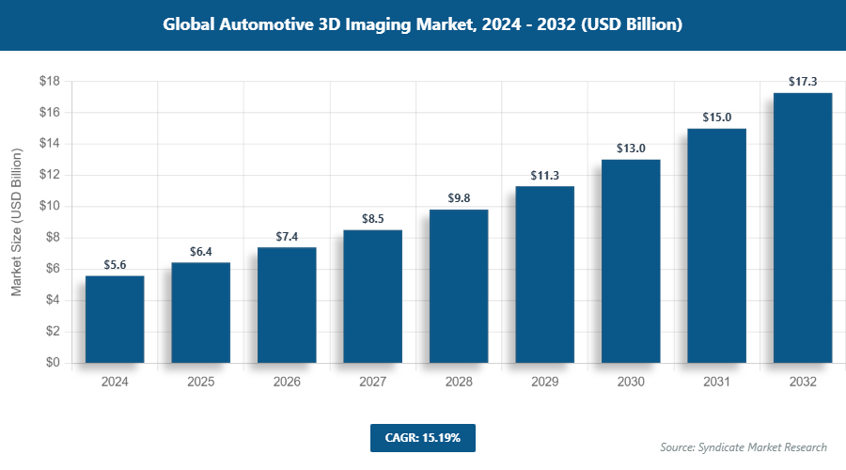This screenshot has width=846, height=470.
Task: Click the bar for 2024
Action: point(115,320)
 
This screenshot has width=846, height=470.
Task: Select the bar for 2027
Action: point(372,296)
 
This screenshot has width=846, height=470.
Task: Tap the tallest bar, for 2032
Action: point(802,227)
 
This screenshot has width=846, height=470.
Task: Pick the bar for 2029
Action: point(544,274)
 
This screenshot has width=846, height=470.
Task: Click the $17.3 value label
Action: point(802,82)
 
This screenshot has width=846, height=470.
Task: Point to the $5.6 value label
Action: point(115,265)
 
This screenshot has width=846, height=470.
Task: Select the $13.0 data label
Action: point(631,149)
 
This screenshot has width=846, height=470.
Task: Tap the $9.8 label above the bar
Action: point(459,198)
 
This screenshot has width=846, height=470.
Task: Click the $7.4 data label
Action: point(287,236)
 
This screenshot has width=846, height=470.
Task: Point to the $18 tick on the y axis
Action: point(49,82)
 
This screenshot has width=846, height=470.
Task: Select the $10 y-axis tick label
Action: point(49,207)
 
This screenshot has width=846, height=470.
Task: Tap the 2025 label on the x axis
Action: point(200,383)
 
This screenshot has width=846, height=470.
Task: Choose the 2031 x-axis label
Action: point(716,383)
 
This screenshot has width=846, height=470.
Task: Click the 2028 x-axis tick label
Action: point(459,383)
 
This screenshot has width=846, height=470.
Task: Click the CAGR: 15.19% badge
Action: point(423,437)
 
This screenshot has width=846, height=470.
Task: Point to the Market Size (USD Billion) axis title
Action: point(16,222)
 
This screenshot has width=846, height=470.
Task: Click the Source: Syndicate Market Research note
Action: point(744,446)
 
